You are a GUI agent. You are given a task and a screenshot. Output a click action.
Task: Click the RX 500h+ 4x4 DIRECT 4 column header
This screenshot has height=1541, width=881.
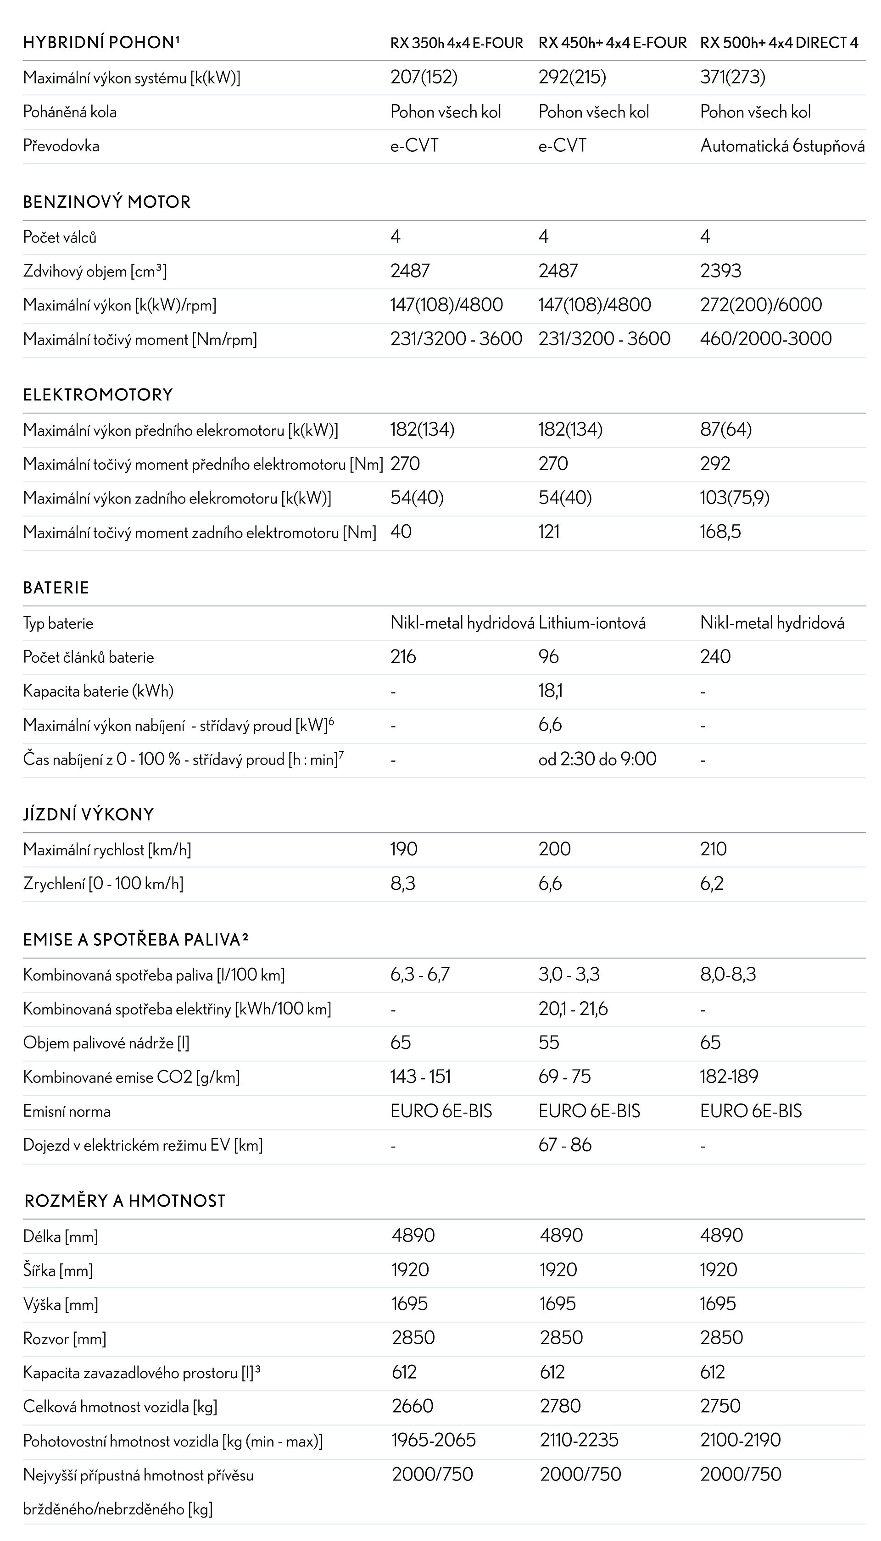pyautogui.click(x=779, y=43)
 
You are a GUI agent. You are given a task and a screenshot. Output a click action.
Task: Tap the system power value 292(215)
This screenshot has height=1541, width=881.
pyautogui.click(x=572, y=78)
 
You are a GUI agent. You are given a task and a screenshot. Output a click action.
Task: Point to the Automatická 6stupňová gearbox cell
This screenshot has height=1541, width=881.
pyautogui.click(x=782, y=146)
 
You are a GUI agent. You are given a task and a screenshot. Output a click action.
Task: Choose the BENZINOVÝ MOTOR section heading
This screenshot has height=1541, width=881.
pyautogui.click(x=106, y=202)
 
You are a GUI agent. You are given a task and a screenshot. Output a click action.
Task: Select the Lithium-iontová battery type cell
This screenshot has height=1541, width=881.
pyautogui.click(x=592, y=623)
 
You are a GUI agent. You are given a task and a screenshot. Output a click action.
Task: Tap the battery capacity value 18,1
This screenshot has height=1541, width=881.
pyautogui.click(x=550, y=691)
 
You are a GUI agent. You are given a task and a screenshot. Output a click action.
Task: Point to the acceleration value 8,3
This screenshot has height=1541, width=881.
pyautogui.click(x=402, y=884)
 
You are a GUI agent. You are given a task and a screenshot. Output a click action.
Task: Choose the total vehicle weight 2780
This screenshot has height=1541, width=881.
pyautogui.click(x=560, y=1406)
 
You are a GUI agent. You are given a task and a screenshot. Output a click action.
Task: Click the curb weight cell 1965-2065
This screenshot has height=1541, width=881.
pyautogui.click(x=433, y=1440)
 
